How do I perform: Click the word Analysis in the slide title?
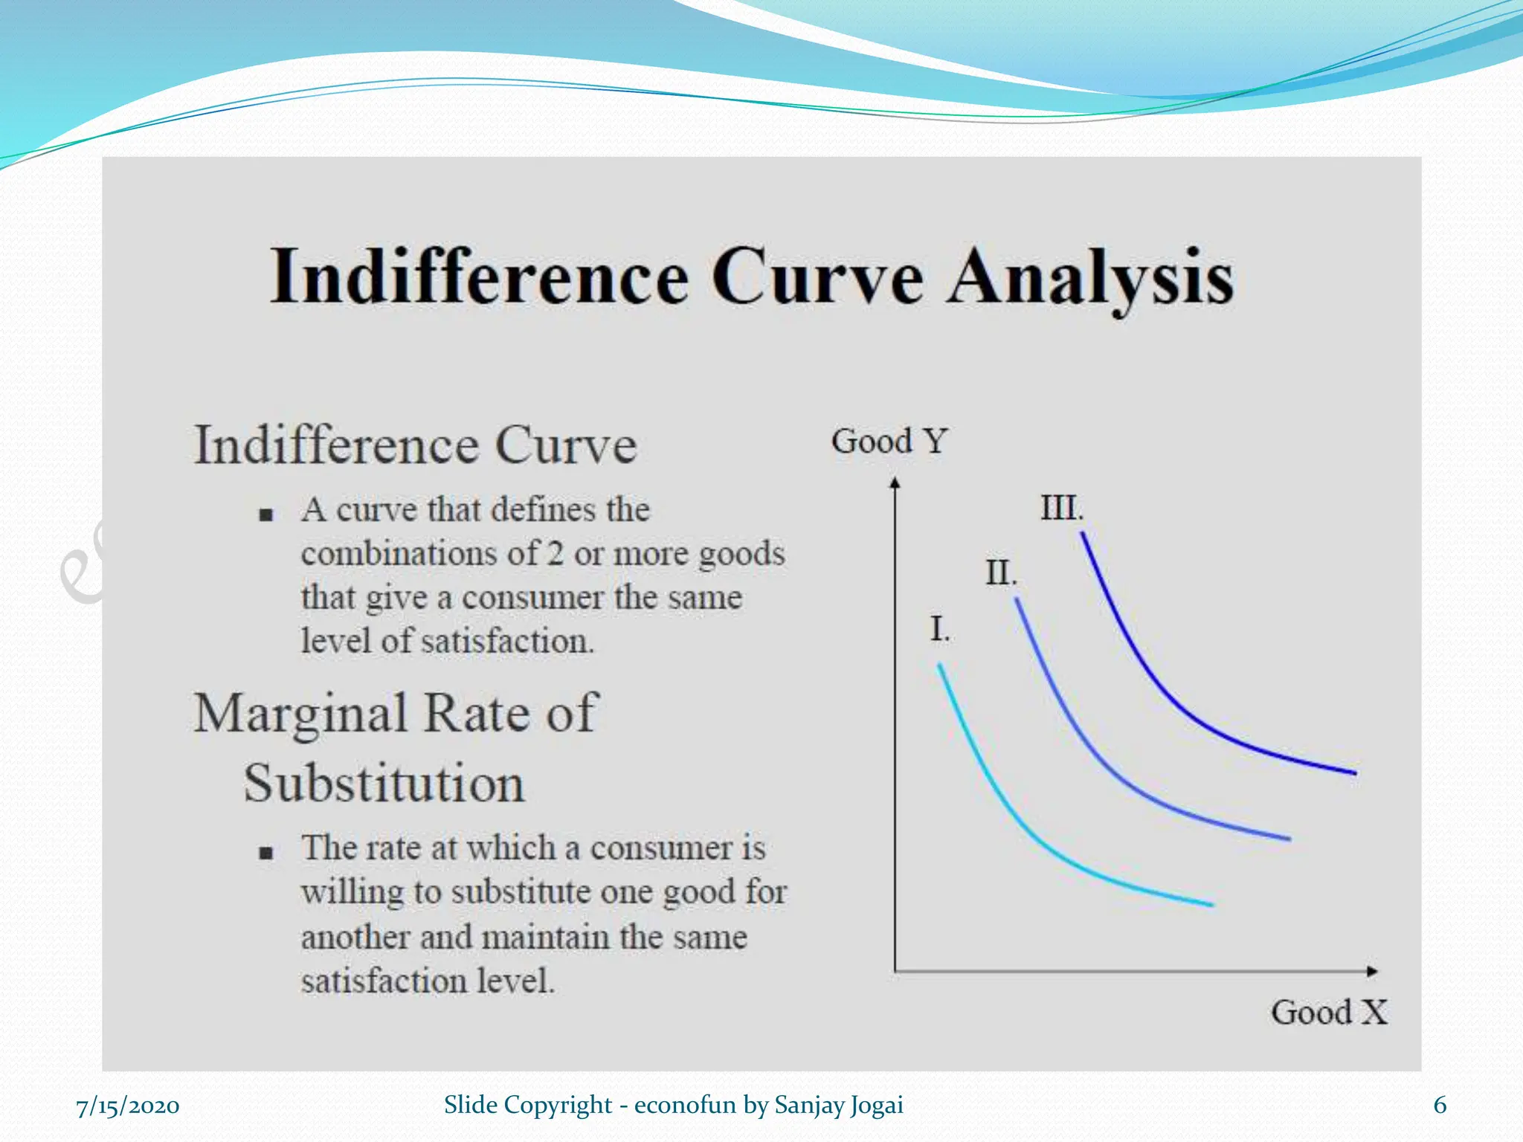tap(1090, 277)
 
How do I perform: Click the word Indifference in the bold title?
tap(480, 277)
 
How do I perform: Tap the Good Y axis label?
tap(889, 442)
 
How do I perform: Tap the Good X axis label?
tap(1329, 1013)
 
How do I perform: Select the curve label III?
tap(1061, 509)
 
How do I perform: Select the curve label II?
tap(1001, 573)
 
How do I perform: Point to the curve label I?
tap(940, 630)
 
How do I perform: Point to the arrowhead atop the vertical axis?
tap(895, 483)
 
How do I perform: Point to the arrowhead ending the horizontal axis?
tap(1372, 971)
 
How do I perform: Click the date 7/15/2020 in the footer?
tap(128, 1106)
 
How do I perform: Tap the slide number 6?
tap(1440, 1106)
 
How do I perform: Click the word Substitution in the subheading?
tap(384, 784)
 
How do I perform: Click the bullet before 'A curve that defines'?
tap(266, 514)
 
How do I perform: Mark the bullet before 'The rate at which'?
tap(266, 853)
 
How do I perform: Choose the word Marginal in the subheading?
tap(300, 714)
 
